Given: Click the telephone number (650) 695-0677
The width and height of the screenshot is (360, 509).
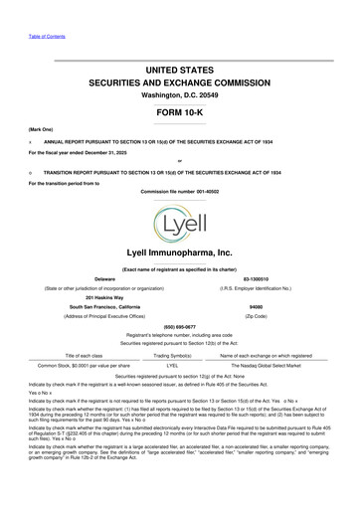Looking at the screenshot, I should pos(179,325).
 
